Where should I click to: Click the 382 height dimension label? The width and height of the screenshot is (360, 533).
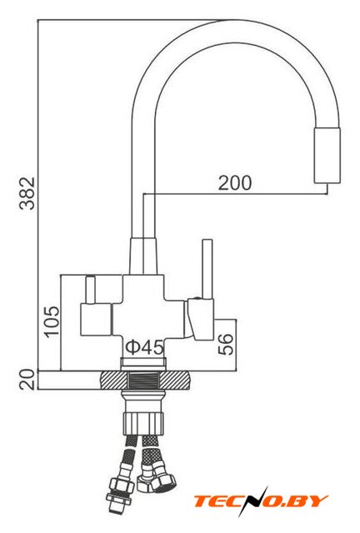click(x=27, y=192)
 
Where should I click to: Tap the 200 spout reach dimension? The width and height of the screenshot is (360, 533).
click(x=235, y=182)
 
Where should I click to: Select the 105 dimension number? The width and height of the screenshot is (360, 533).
click(x=52, y=321)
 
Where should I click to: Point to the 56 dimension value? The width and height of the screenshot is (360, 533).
click(x=226, y=344)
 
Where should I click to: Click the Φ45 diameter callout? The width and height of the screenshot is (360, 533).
click(x=145, y=347)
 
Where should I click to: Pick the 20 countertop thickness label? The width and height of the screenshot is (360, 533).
click(x=27, y=380)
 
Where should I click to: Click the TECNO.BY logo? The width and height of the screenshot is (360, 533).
click(x=261, y=501)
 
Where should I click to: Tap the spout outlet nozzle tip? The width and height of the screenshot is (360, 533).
click(x=327, y=156)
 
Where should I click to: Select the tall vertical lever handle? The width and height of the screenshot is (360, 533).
click(x=207, y=269)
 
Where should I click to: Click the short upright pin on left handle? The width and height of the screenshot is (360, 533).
click(x=91, y=289)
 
